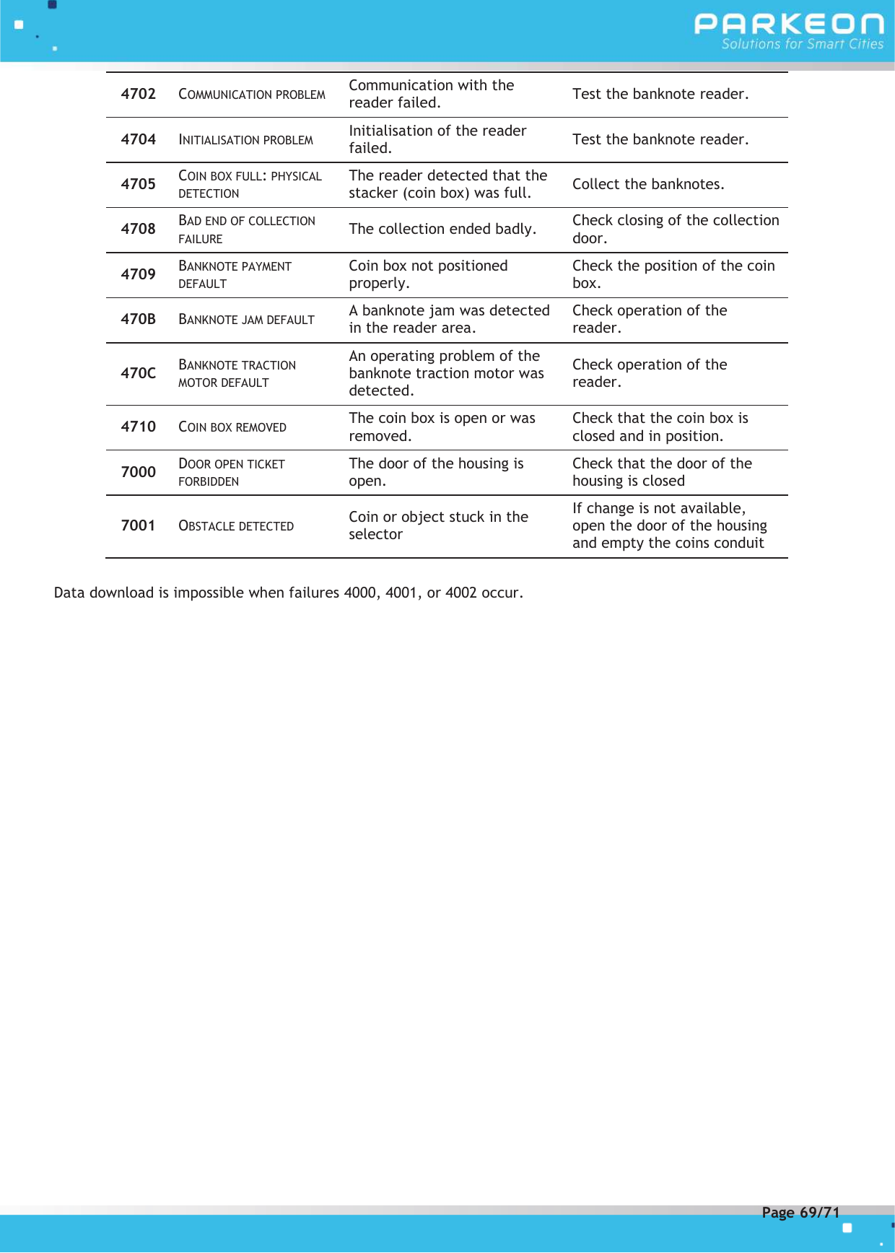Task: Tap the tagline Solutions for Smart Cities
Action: tap(802, 44)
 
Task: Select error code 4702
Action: tap(138, 94)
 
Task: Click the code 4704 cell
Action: tap(138, 139)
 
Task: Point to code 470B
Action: tap(138, 319)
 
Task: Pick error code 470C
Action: tap(138, 373)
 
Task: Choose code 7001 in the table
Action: tap(138, 525)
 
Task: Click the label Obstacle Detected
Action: tap(236, 526)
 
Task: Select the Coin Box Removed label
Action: tap(232, 427)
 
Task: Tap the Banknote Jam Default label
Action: tap(246, 320)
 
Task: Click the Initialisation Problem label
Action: tap(245, 140)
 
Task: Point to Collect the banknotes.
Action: tap(648, 184)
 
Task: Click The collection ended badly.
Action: tap(442, 229)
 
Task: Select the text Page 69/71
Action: tap(800, 1213)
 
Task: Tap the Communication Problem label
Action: tap(252, 95)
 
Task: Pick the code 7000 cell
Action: tap(138, 472)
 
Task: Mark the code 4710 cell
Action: tap(138, 427)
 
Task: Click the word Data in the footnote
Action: tap(69, 593)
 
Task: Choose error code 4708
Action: tap(138, 229)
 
